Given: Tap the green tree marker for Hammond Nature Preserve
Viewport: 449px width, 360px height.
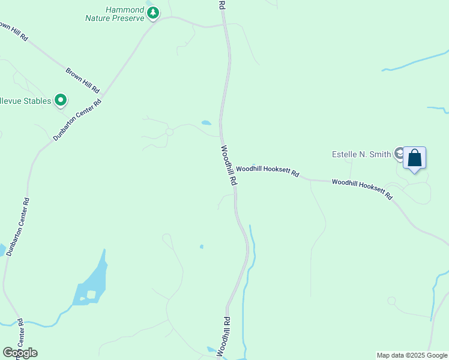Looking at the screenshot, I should [154, 13].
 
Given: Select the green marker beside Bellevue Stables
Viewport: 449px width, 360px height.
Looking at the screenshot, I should [60, 100].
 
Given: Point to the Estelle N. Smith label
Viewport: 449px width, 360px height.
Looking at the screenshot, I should [361, 154].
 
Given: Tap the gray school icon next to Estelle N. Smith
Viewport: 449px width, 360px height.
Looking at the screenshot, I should [399, 154].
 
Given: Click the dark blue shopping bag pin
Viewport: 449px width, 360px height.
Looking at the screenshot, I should [414, 158].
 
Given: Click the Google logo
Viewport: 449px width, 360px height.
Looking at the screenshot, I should [20, 353].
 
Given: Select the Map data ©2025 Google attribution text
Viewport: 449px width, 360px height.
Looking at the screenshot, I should [412, 355].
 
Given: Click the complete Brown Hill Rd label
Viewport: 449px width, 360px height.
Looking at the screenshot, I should [82, 80].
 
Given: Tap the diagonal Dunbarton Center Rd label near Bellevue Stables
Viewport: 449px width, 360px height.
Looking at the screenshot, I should [77, 119].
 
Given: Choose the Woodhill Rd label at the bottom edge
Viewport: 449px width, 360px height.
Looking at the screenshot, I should [223, 337].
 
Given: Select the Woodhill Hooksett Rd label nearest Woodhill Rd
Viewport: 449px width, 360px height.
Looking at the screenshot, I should [267, 172].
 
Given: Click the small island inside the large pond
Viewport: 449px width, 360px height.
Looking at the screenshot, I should [91, 294].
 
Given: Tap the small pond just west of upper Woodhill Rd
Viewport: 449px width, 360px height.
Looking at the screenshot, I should [206, 123].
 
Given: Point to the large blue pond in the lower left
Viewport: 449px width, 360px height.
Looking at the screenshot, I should [96, 279].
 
